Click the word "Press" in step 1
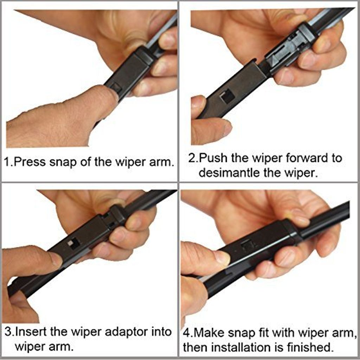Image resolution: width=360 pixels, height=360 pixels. [x=31, y=162]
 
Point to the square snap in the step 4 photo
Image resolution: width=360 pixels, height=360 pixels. [x=247, y=245]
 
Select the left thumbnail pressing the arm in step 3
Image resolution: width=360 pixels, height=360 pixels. [x=56, y=259]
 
